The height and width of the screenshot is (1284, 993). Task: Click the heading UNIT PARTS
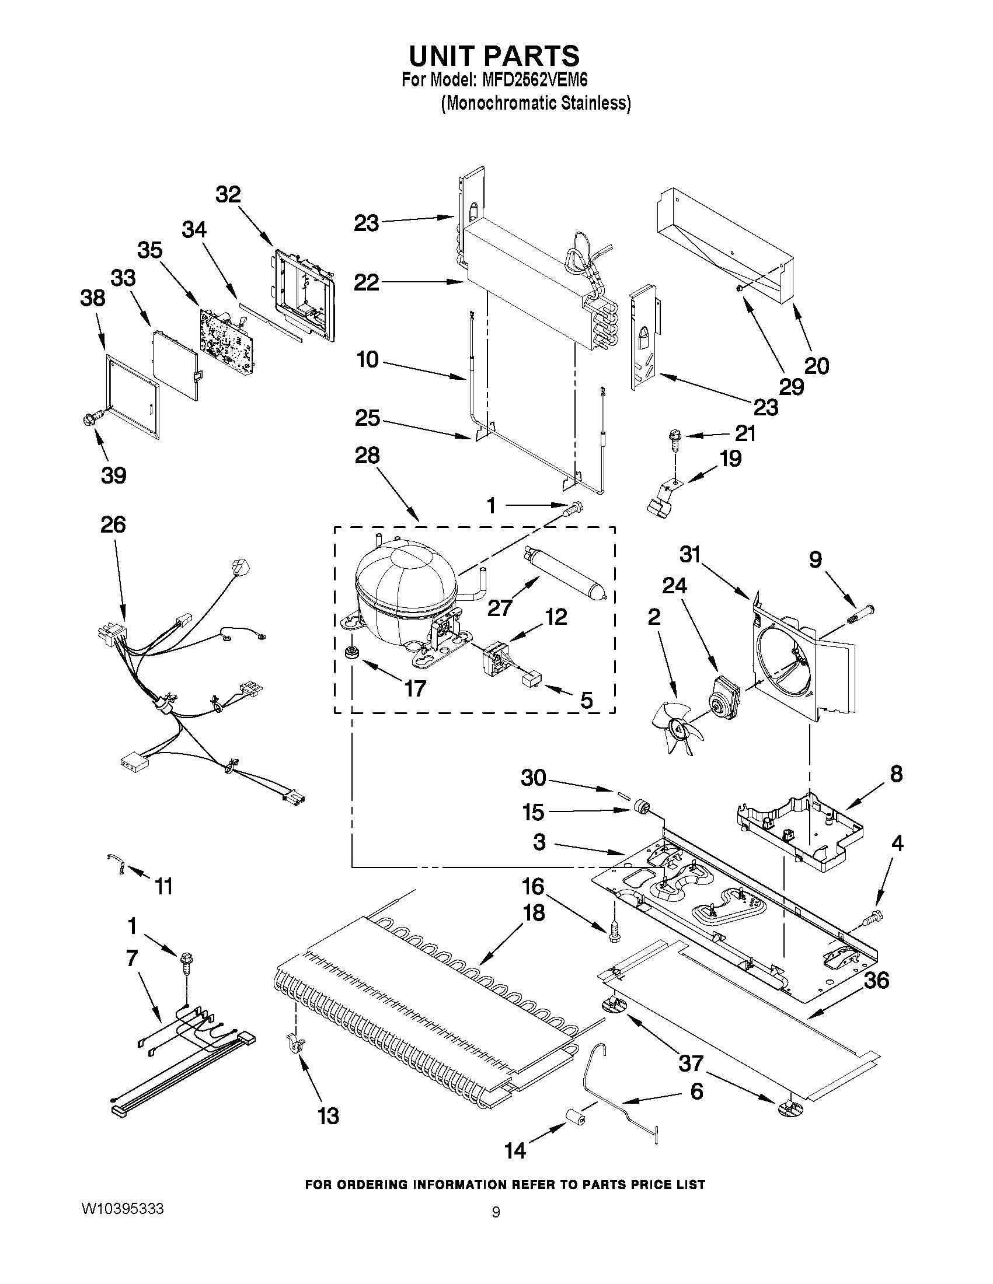point(494,56)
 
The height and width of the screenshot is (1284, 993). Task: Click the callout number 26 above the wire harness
point(113,524)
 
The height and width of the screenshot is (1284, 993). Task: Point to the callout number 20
point(817,366)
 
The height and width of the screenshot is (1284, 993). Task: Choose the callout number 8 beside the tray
point(896,774)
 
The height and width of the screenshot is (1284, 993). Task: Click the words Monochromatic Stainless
point(536,103)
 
